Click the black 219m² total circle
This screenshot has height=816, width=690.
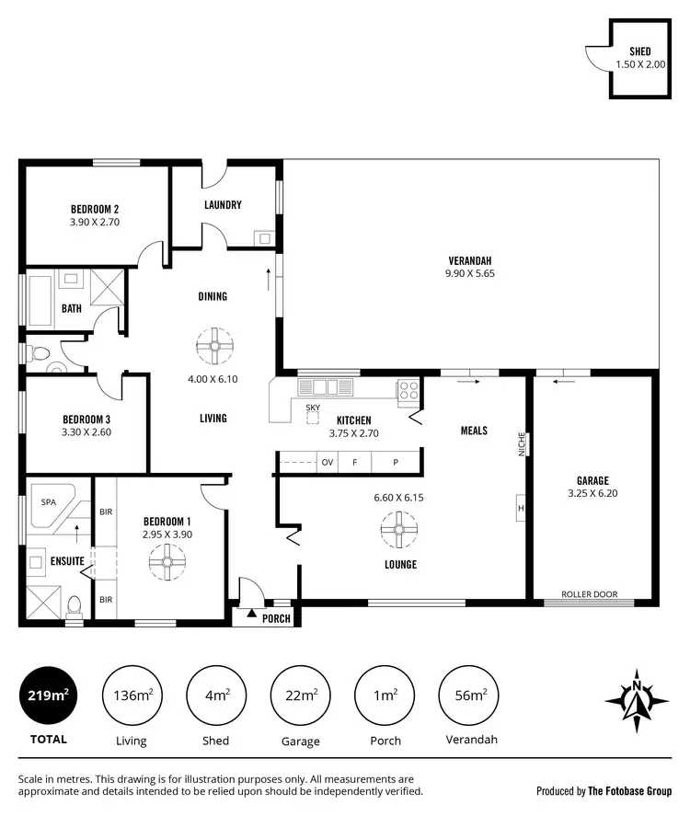click(47, 695)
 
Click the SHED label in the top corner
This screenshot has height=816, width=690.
click(640, 52)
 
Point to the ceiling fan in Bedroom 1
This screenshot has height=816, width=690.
click(167, 560)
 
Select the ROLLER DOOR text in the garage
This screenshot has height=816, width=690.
click(589, 594)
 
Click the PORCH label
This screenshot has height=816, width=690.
click(276, 618)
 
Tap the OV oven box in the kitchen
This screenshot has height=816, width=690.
click(327, 463)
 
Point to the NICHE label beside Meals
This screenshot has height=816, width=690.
click(521, 444)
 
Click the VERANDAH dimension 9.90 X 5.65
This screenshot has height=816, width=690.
click(471, 273)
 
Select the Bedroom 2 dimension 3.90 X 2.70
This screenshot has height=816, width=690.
click(95, 222)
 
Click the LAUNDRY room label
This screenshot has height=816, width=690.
click(223, 204)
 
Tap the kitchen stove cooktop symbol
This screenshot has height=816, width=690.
click(408, 392)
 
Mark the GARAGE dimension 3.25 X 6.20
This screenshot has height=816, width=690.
click(592, 493)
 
